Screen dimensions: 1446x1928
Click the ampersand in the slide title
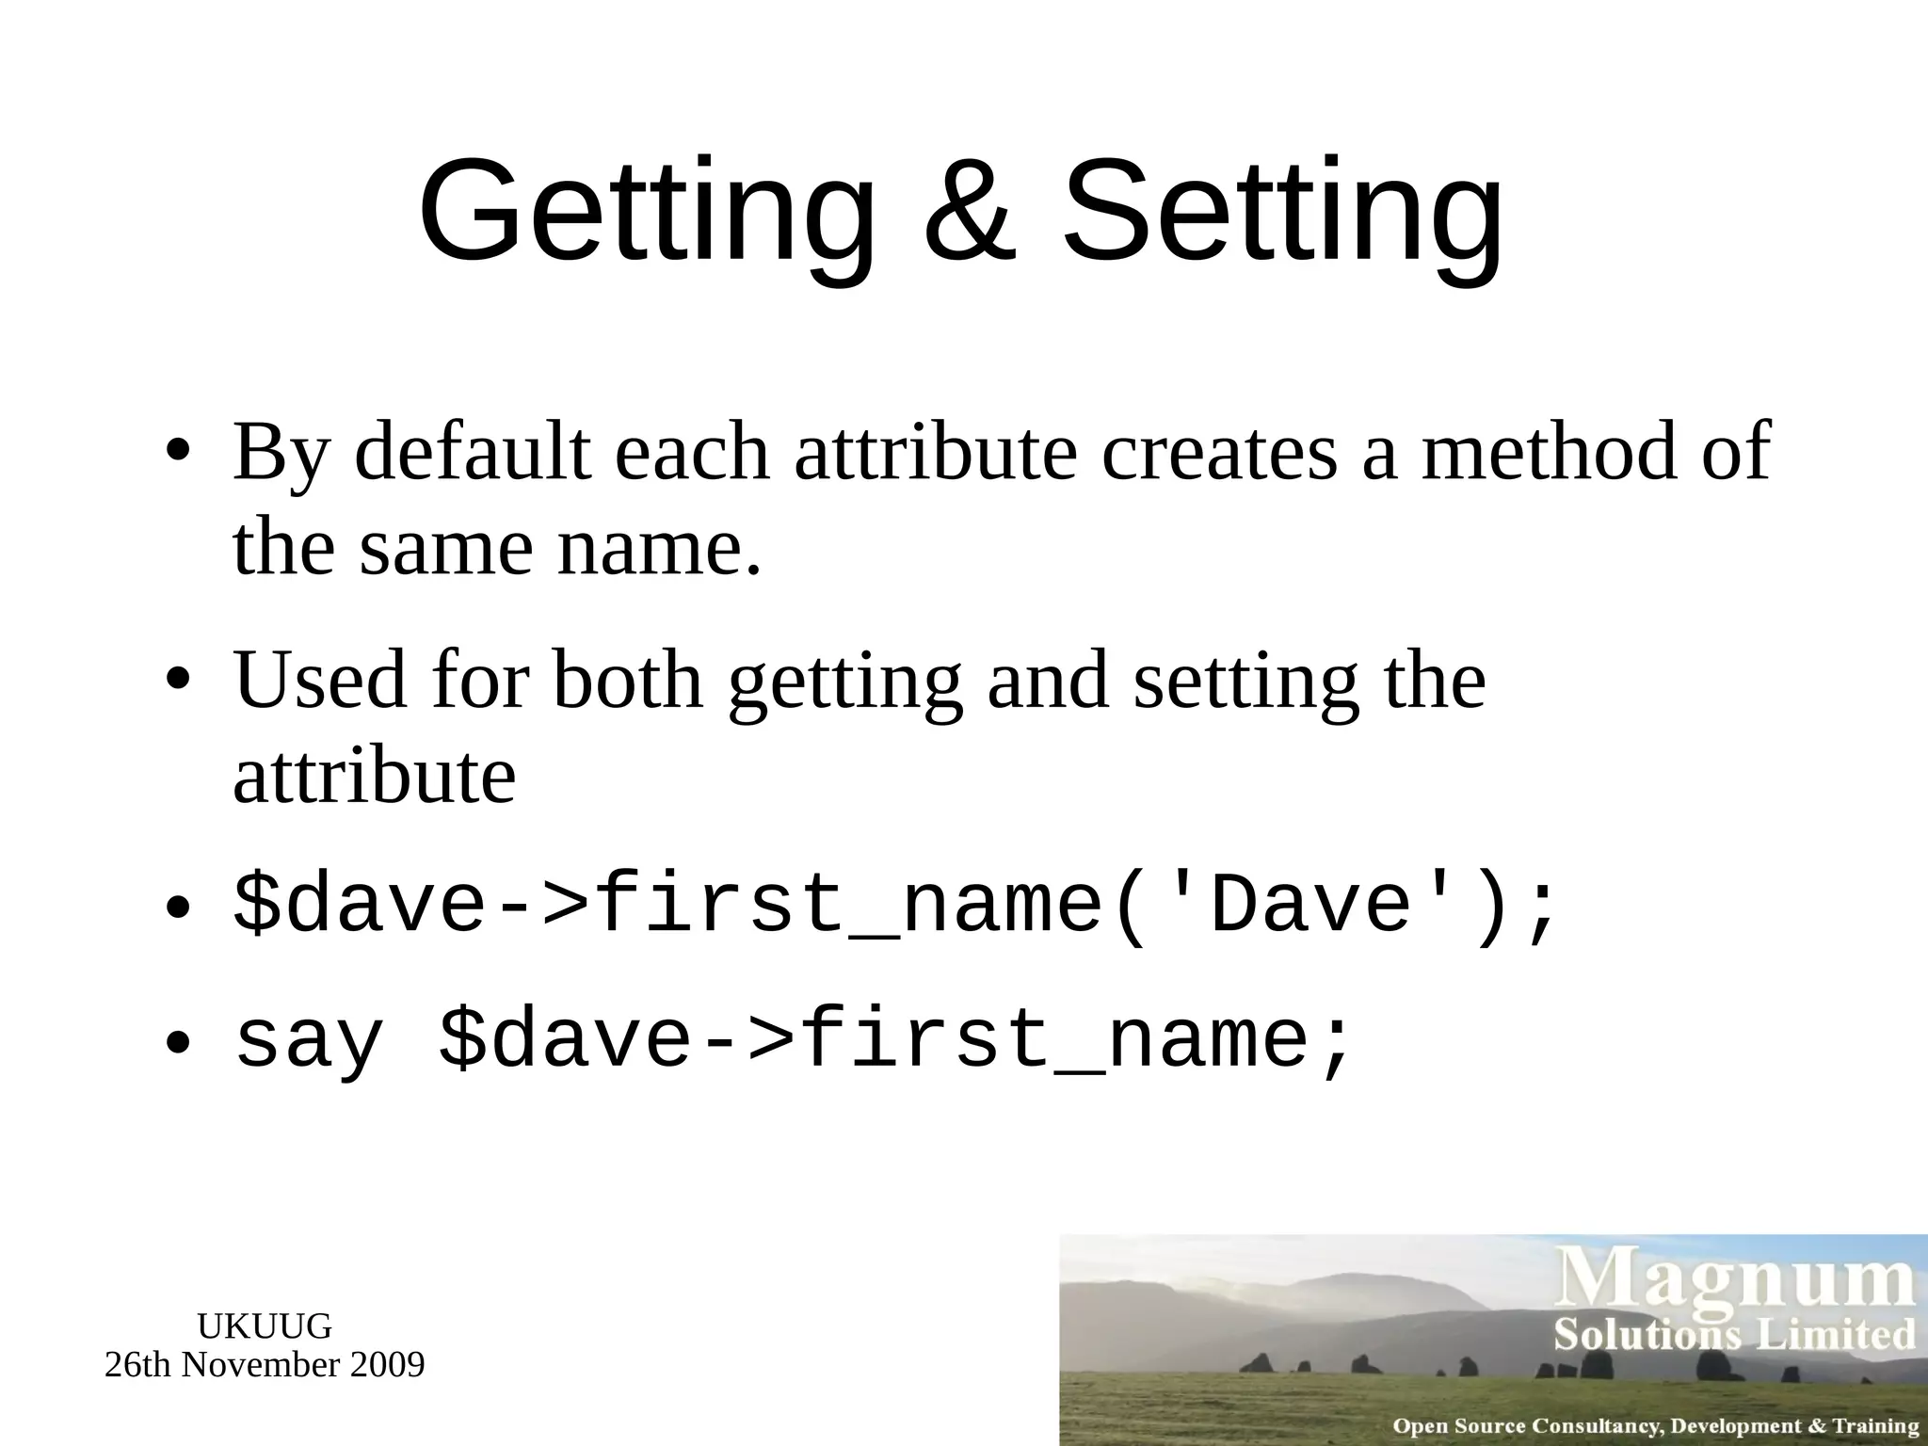pyautogui.click(x=970, y=213)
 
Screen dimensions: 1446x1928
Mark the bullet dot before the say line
pyautogui.click(x=177, y=1041)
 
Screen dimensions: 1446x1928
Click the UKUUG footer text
pyautogui.click(x=265, y=1326)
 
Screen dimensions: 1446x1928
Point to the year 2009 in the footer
pyautogui.click(x=386, y=1364)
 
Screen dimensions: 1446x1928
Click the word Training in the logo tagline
pyautogui.click(x=1877, y=1426)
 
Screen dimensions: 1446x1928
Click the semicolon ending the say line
pyautogui.click(x=1337, y=1043)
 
